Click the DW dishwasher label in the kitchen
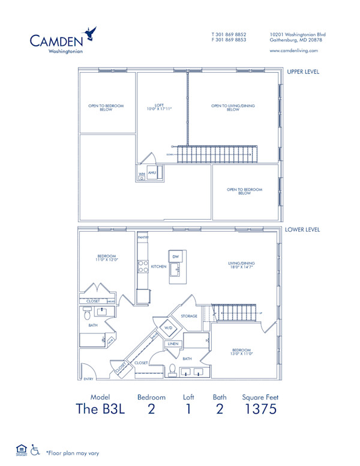[175, 257]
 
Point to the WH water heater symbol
[142, 176]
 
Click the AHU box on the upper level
[152, 172]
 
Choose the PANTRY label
[143, 238]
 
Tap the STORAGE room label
[189, 316]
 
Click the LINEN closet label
[173, 343]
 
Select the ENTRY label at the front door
[89, 379]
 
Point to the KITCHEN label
[158, 266]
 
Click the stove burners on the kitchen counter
[143, 268]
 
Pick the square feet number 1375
[260, 410]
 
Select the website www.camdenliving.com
[294, 50]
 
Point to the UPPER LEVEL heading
[302, 72]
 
